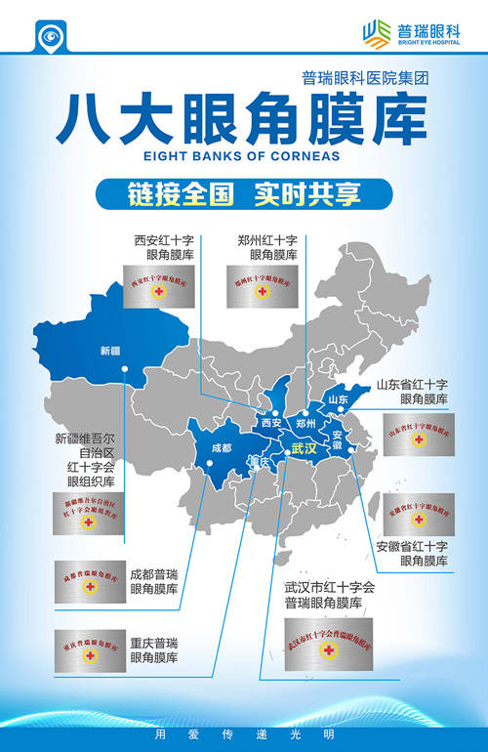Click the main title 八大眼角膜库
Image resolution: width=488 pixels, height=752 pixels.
[x=243, y=119]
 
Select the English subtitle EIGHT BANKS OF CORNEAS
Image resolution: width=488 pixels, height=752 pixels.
[x=243, y=155]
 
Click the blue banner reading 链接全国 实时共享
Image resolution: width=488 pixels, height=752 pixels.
[x=244, y=193]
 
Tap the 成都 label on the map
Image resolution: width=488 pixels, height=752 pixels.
[x=221, y=448]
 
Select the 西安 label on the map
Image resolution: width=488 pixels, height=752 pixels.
[x=270, y=423]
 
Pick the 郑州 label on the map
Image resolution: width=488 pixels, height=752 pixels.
[x=305, y=423]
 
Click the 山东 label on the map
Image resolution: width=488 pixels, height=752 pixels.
[x=339, y=399]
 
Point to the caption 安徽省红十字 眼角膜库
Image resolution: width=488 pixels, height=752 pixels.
[x=412, y=554]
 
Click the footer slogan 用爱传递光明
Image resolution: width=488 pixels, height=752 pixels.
[x=244, y=732]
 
